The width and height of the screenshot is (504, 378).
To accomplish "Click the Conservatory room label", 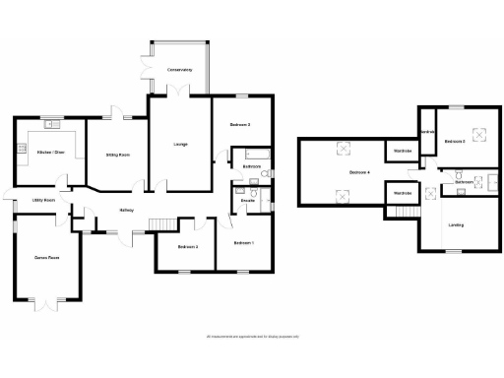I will tap(179, 71).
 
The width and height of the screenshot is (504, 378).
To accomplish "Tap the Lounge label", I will tap(180, 146).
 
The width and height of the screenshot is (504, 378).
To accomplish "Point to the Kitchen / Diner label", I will tap(49, 153).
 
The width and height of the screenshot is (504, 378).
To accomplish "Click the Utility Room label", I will tap(43, 200).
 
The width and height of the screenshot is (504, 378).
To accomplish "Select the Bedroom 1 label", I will tap(244, 242).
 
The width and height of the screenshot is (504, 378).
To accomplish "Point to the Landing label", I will tap(457, 225).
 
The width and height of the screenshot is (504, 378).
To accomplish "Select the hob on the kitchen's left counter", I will tap(20, 149).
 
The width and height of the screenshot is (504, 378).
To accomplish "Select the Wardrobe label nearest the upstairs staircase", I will tap(403, 193).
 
